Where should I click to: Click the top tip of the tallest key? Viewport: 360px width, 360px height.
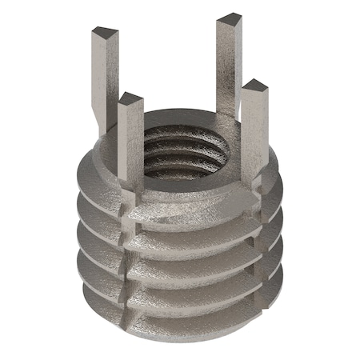click(x=230, y=20)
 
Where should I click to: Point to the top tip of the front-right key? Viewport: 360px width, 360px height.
click(x=254, y=86)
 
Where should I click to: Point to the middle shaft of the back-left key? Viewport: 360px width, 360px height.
click(x=102, y=80)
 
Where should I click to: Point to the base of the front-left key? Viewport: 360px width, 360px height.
click(x=131, y=192)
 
